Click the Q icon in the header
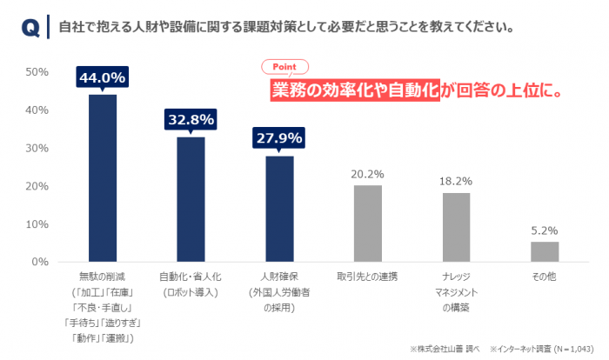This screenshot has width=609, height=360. (x=28, y=27)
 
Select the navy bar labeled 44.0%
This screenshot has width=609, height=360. (x=103, y=177)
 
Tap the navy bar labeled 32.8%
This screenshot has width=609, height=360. (x=191, y=199)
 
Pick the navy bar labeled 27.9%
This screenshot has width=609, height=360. (x=279, y=209)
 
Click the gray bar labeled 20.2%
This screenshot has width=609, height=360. (x=367, y=223)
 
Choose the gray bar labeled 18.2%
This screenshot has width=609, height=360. (x=456, y=227)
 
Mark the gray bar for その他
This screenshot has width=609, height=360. (x=545, y=251)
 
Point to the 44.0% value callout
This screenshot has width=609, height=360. (x=103, y=78)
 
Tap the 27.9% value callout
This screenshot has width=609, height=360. (x=279, y=138)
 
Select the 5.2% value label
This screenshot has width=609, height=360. (x=545, y=231)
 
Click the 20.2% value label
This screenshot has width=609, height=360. (x=367, y=174)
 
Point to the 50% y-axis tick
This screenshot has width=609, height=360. (x=36, y=72)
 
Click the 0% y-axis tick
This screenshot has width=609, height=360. (x=39, y=262)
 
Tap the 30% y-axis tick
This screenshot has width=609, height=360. (x=36, y=148)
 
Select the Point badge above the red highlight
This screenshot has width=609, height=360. (x=285, y=66)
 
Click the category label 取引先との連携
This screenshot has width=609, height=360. (x=367, y=277)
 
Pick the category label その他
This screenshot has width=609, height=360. (x=545, y=277)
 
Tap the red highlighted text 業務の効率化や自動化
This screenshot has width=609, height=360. (x=353, y=89)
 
